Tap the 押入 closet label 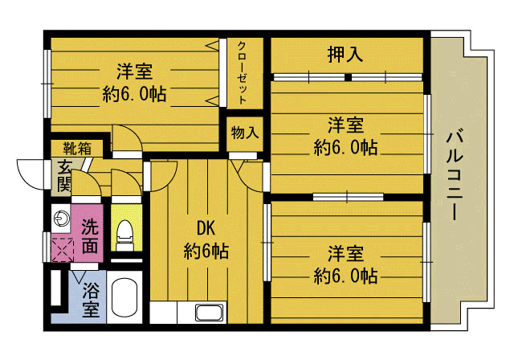(346, 55)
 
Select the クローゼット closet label (241, 72)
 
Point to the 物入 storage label (243, 131)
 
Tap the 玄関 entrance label (63, 177)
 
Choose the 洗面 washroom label (90, 234)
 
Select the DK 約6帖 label (206, 239)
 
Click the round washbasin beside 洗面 (61, 217)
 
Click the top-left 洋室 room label (134, 71)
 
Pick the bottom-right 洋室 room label (345, 254)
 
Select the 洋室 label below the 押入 (345, 125)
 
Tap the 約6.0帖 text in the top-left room (134, 93)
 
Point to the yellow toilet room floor (125, 213)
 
